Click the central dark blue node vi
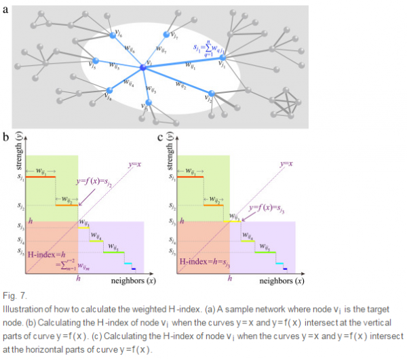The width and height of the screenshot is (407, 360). pyautogui.click(x=142, y=67)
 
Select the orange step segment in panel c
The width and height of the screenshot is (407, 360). pyautogui.click(x=214, y=203)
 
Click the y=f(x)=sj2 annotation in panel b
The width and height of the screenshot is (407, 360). pyautogui.click(x=96, y=181)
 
